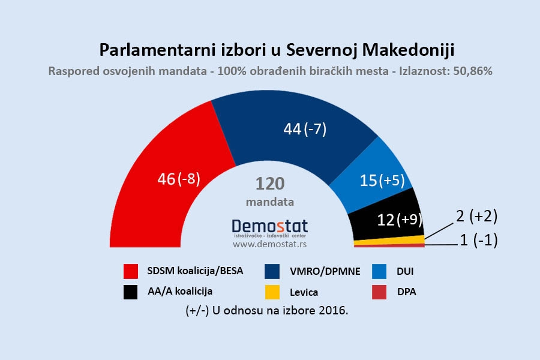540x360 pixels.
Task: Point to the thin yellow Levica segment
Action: pos(390,241)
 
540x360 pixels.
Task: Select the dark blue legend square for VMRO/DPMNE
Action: pos(273,271)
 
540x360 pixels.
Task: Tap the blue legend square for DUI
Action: pos(379,271)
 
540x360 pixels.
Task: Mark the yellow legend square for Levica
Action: pos(273,292)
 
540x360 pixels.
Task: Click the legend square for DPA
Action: pos(379,292)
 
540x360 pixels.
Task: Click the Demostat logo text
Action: pos(269,226)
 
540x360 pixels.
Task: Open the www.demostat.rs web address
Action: pos(269,245)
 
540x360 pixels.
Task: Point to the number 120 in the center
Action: pos(270,183)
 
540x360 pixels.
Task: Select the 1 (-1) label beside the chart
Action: pos(478,242)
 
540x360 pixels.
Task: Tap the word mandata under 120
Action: pos(270,202)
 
